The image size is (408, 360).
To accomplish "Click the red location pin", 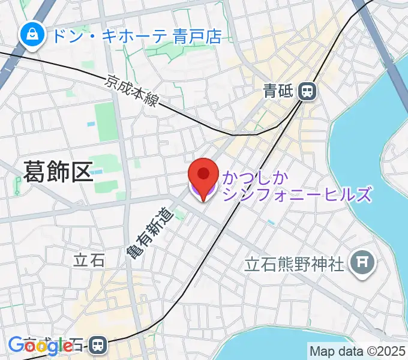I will point(203,175).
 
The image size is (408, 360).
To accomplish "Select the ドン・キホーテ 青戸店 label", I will point(137,36).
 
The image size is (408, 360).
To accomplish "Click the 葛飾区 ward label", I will point(58,172).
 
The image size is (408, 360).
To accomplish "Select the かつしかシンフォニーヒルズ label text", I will point(297,186).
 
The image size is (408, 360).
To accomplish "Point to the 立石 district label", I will point(89,260).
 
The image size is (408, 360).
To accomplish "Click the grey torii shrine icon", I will point(364,262).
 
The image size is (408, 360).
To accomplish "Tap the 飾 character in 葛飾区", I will point(58,172).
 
